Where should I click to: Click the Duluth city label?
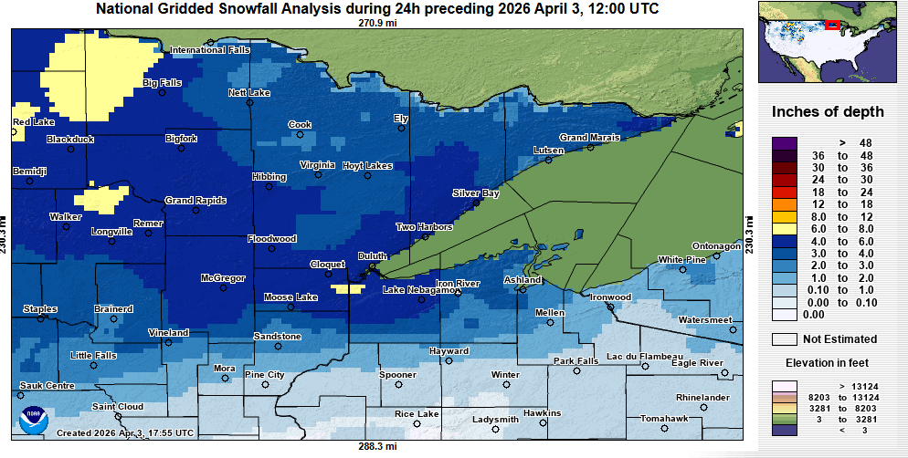[372, 255]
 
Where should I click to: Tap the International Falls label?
[209, 50]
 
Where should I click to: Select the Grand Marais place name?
[589, 138]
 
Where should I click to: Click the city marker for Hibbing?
[269, 187]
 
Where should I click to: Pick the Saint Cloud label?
[117, 406]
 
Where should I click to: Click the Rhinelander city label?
[702, 398]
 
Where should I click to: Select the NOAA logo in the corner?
[34, 421]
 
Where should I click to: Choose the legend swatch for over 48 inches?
[785, 143]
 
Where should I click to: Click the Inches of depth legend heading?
[828, 112]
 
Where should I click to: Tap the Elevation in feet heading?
[828, 362]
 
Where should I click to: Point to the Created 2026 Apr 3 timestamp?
[124, 432]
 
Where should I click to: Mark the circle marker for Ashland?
[522, 289]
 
